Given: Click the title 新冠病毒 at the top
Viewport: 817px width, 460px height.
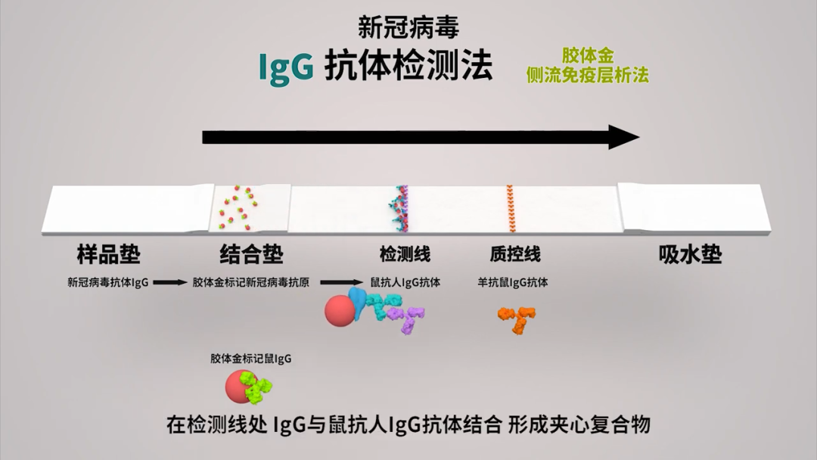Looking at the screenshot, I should tap(408, 28).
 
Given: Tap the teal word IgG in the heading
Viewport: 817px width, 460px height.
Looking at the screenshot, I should tap(286, 67).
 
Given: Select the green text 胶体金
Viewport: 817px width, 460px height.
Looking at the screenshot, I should tap(588, 56).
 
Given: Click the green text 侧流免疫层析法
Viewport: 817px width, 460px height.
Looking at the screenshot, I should tap(588, 75).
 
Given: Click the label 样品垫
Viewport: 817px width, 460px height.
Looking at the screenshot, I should tap(109, 254).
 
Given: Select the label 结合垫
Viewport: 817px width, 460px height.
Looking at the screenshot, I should tap(251, 254).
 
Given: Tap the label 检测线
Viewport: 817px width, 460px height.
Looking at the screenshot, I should tap(405, 254).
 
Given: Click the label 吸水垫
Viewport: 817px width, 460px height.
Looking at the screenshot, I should tap(690, 254).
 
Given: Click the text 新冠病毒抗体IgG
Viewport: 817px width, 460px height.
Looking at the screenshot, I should tap(107, 283).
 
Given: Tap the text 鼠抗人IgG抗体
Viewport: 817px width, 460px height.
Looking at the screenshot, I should tap(405, 283).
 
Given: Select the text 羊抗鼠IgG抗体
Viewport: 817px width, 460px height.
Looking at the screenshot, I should tap(513, 283).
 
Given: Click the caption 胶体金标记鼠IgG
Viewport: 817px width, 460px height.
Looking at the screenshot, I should tap(250, 359).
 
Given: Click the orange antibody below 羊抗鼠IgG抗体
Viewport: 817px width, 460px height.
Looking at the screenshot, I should tap(518, 318).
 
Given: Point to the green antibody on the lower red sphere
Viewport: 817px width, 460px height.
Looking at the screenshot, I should tap(259, 389).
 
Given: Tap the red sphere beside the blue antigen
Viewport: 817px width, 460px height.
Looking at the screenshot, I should tap(340, 310).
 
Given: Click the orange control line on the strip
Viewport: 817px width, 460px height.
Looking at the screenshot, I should tap(511, 209).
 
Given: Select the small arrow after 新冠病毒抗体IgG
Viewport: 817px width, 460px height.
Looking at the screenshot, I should tap(170, 283).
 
